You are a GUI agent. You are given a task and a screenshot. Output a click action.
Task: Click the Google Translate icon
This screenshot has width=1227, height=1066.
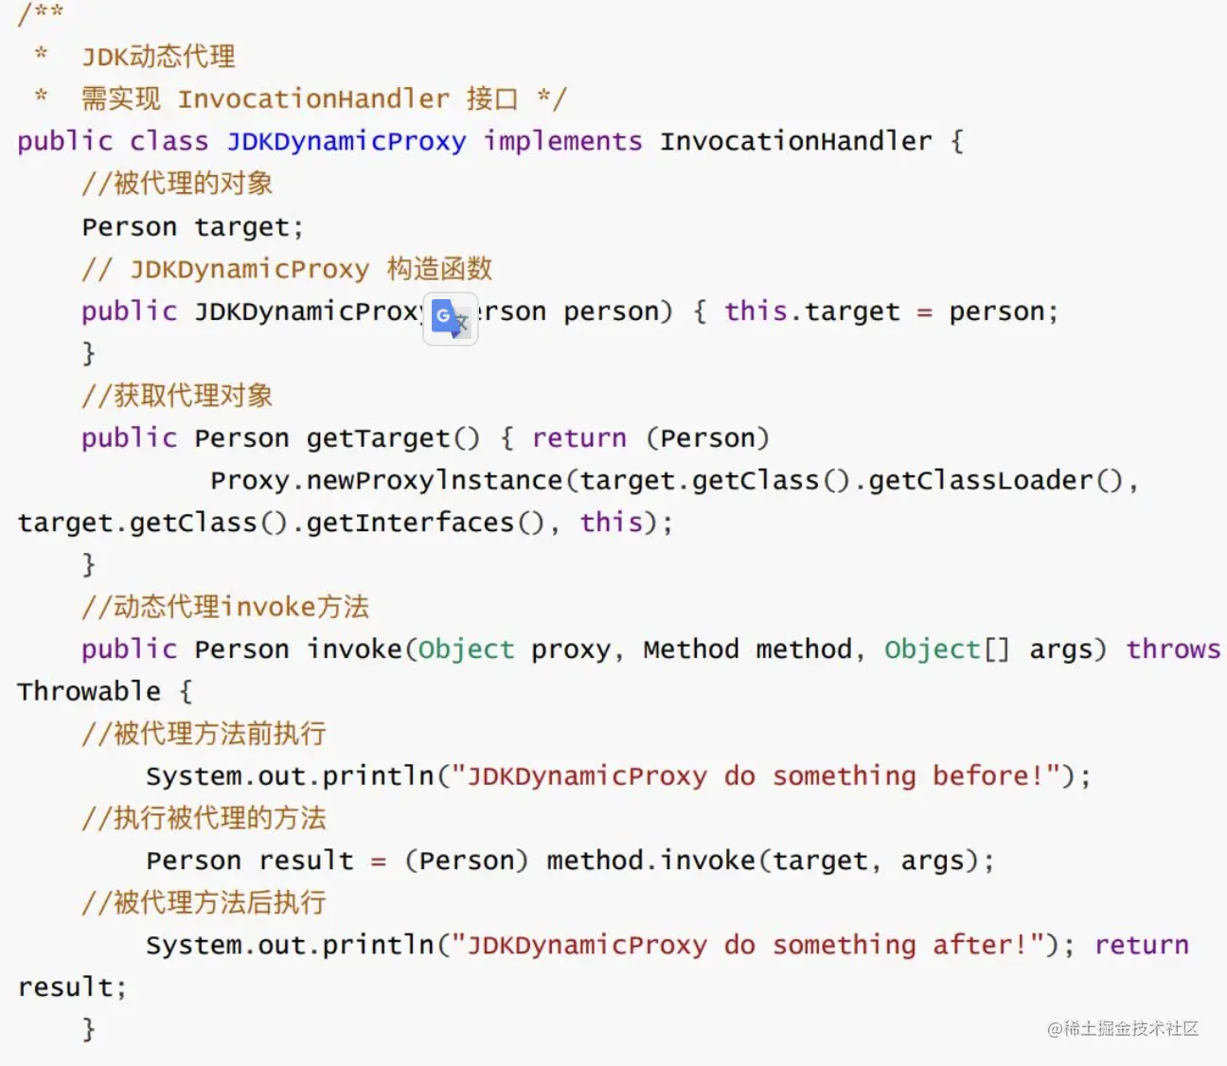point(451,318)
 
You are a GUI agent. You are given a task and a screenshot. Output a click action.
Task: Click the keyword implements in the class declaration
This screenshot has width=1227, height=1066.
point(562,141)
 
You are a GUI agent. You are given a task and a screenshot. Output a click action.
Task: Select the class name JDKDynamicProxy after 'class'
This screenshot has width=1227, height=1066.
point(346,142)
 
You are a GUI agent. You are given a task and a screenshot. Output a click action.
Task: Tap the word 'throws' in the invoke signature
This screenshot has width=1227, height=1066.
point(1173,648)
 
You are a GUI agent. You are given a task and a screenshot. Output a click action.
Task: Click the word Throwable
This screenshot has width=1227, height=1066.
point(89,691)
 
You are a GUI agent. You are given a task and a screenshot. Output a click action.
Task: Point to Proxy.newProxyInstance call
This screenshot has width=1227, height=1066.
point(386,480)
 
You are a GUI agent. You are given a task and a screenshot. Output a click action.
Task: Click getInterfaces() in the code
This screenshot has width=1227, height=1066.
point(425,523)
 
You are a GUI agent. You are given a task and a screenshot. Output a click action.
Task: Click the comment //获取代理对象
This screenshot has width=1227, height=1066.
point(177,395)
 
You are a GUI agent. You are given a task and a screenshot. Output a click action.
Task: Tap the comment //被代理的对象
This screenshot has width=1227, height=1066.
point(177,183)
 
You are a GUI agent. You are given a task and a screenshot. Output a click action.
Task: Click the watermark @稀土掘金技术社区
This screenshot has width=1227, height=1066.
point(1123,1028)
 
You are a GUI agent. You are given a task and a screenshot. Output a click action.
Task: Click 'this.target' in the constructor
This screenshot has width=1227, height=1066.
point(812,311)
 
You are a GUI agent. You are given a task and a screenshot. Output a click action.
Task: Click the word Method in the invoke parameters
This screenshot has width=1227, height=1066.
point(691,648)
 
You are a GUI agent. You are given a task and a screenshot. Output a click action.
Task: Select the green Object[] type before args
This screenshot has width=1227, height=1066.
point(947,649)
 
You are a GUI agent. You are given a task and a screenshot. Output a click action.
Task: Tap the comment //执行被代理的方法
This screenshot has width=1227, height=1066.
point(204,818)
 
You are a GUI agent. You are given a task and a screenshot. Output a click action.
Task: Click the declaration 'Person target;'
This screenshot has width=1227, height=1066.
point(193,226)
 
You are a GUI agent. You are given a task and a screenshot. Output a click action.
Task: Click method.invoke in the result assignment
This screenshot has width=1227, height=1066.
point(650,860)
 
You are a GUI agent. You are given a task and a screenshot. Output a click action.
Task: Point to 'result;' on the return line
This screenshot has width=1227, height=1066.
point(72,986)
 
